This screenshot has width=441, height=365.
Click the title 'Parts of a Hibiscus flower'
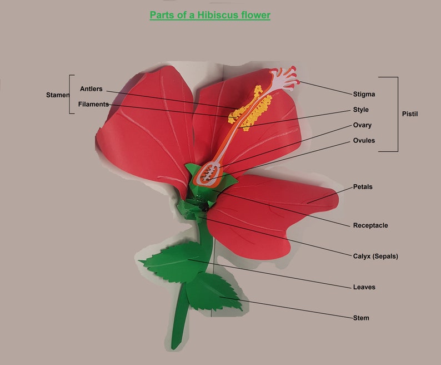pos(210,15)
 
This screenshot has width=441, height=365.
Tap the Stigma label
pos(364,94)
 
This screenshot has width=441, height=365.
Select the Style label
pos(360,110)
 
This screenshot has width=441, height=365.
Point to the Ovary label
pos(362,125)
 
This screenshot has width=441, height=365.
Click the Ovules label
pos(364,141)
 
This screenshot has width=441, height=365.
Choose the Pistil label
pos(409,114)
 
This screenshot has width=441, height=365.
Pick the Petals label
pos(363,187)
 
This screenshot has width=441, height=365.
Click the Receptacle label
pos(370,225)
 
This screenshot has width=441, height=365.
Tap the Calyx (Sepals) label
pos(375,257)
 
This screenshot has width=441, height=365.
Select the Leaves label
pos(364,287)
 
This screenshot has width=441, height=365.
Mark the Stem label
pos(361,318)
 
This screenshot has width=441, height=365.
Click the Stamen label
pos(57,95)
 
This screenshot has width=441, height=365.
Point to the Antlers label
pos(91,89)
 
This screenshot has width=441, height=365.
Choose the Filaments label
pos(93,104)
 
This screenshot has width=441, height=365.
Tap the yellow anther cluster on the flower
pos(250,108)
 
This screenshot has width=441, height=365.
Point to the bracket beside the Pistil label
pos(397,114)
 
